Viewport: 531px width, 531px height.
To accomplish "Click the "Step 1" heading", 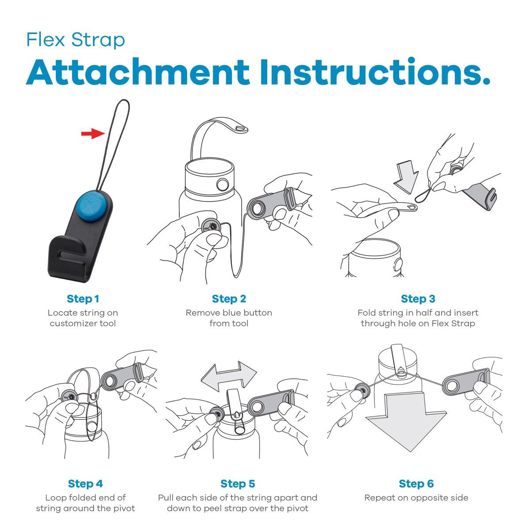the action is [x=83, y=299].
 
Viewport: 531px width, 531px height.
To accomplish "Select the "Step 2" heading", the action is [x=229, y=299].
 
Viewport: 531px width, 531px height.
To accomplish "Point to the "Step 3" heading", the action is [x=418, y=299].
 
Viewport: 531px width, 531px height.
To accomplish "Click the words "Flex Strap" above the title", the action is [x=76, y=40].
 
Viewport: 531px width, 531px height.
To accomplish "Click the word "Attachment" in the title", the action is [x=138, y=72].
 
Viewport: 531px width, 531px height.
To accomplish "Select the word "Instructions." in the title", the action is [x=375, y=72].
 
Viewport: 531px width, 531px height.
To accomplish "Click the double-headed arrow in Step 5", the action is [x=229, y=375].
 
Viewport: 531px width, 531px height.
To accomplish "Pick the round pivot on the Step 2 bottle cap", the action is [x=223, y=185].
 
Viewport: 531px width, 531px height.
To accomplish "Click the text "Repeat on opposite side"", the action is [x=416, y=498].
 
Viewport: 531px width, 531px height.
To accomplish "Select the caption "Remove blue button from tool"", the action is [x=229, y=318].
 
